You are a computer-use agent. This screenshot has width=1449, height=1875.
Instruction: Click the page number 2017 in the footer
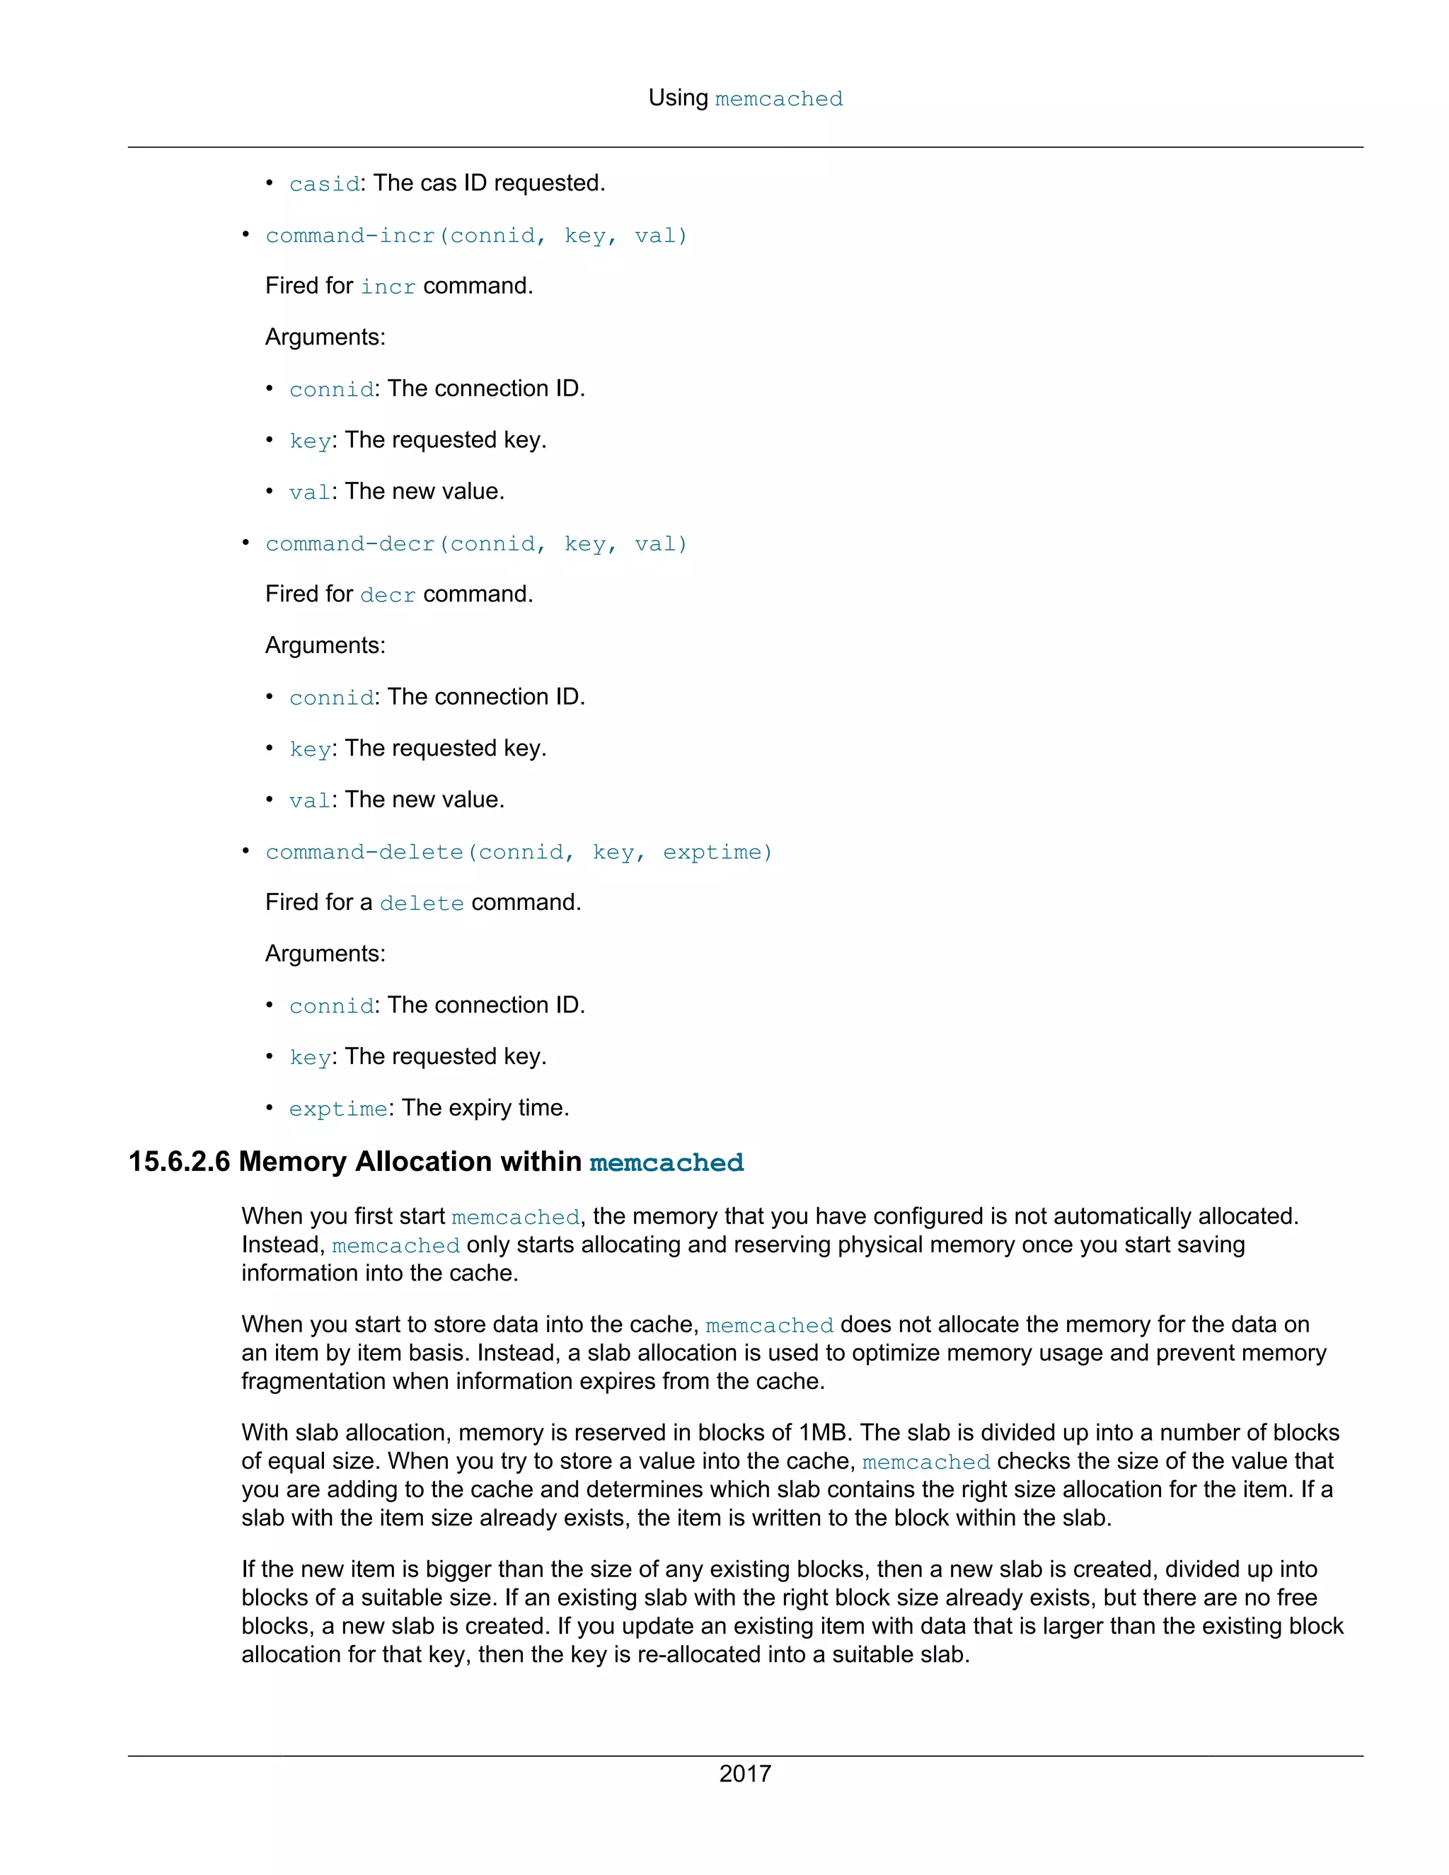click(744, 1773)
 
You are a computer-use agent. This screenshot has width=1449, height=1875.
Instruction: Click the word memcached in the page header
click(778, 99)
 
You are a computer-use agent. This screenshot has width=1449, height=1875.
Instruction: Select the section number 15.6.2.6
click(178, 1162)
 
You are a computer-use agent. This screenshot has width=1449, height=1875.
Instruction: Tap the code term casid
click(323, 184)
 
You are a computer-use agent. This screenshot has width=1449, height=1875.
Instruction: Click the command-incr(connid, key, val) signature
click(476, 235)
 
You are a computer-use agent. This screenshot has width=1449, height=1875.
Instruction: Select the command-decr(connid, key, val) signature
click(476, 543)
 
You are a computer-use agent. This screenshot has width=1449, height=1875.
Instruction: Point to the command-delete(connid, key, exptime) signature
click(519, 852)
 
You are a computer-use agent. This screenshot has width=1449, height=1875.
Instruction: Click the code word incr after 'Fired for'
click(387, 287)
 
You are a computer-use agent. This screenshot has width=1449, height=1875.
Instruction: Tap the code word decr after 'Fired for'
click(387, 595)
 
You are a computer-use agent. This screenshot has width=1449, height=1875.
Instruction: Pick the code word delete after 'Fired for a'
click(422, 903)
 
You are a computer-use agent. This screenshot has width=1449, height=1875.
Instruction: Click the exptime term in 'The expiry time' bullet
click(337, 1108)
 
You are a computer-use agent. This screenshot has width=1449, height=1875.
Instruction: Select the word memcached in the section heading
click(666, 1162)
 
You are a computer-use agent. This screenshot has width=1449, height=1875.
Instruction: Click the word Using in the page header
click(678, 98)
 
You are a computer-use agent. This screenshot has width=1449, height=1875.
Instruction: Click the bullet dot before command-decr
click(246, 543)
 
